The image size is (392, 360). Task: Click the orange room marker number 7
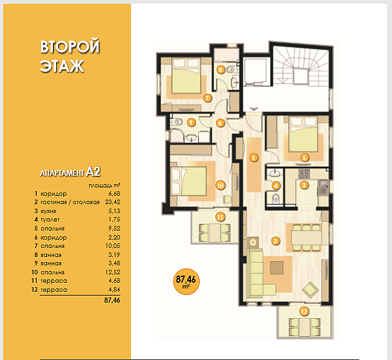pyautogui.click(x=207, y=98)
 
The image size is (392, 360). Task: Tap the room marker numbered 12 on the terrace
pyautogui.click(x=304, y=311)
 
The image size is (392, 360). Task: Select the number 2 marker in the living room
pyautogui.click(x=275, y=241)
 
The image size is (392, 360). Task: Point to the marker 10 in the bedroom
pyautogui.click(x=220, y=185)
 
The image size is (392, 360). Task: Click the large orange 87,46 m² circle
pyautogui.click(x=186, y=281)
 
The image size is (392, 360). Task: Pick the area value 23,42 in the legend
pyautogui.click(x=112, y=202)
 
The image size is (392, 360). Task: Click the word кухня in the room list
pyautogui.click(x=48, y=211)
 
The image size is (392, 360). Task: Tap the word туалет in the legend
pyautogui.click(x=50, y=220)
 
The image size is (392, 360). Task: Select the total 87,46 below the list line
pyautogui.click(x=112, y=300)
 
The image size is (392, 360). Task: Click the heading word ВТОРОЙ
pyautogui.click(x=70, y=46)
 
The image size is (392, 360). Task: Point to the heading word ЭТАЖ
pyautogui.click(x=61, y=66)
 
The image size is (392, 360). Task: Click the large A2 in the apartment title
pyautogui.click(x=93, y=171)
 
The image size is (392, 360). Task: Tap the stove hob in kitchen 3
pyautogui.click(x=304, y=173)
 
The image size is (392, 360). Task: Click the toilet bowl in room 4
pyautogui.click(x=275, y=198)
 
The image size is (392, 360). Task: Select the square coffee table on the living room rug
pyautogui.click(x=277, y=268)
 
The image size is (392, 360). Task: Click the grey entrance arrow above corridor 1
pyautogui.click(x=254, y=109)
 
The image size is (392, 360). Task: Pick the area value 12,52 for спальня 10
pyautogui.click(x=112, y=272)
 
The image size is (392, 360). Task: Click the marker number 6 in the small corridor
pyautogui.click(x=220, y=123)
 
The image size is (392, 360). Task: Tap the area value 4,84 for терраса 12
pyautogui.click(x=114, y=290)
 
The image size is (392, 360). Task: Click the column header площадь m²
pyautogui.click(x=104, y=185)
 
